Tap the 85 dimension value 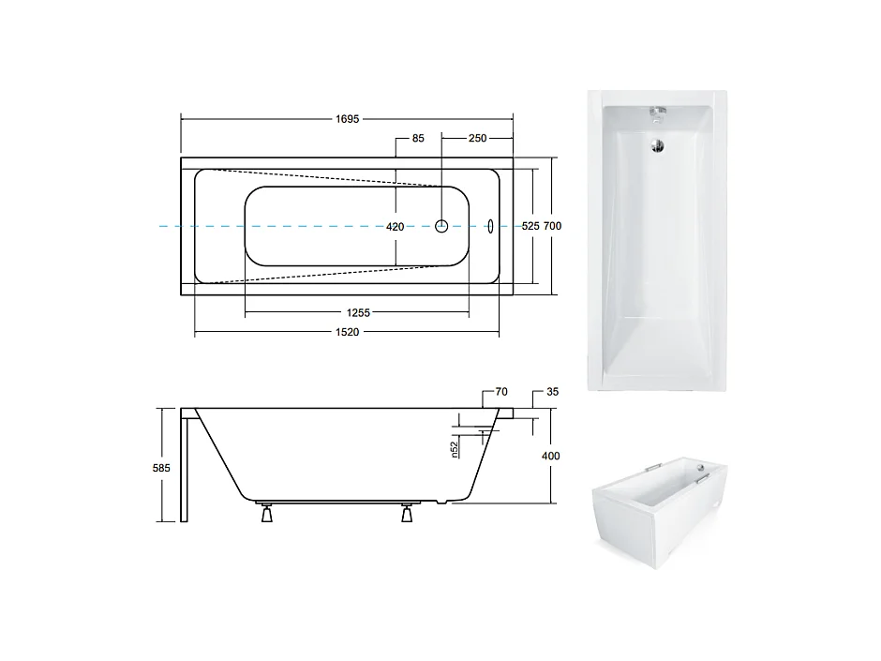418,138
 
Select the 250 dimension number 477,138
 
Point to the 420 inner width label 396,227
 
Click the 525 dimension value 530,227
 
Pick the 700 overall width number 553,227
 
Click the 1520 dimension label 349,333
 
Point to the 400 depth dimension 550,456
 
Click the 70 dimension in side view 500,391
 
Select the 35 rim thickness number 552,391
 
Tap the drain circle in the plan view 442,226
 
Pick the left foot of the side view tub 266,514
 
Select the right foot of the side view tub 407,514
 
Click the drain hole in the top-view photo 657,144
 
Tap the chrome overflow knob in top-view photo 658,114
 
